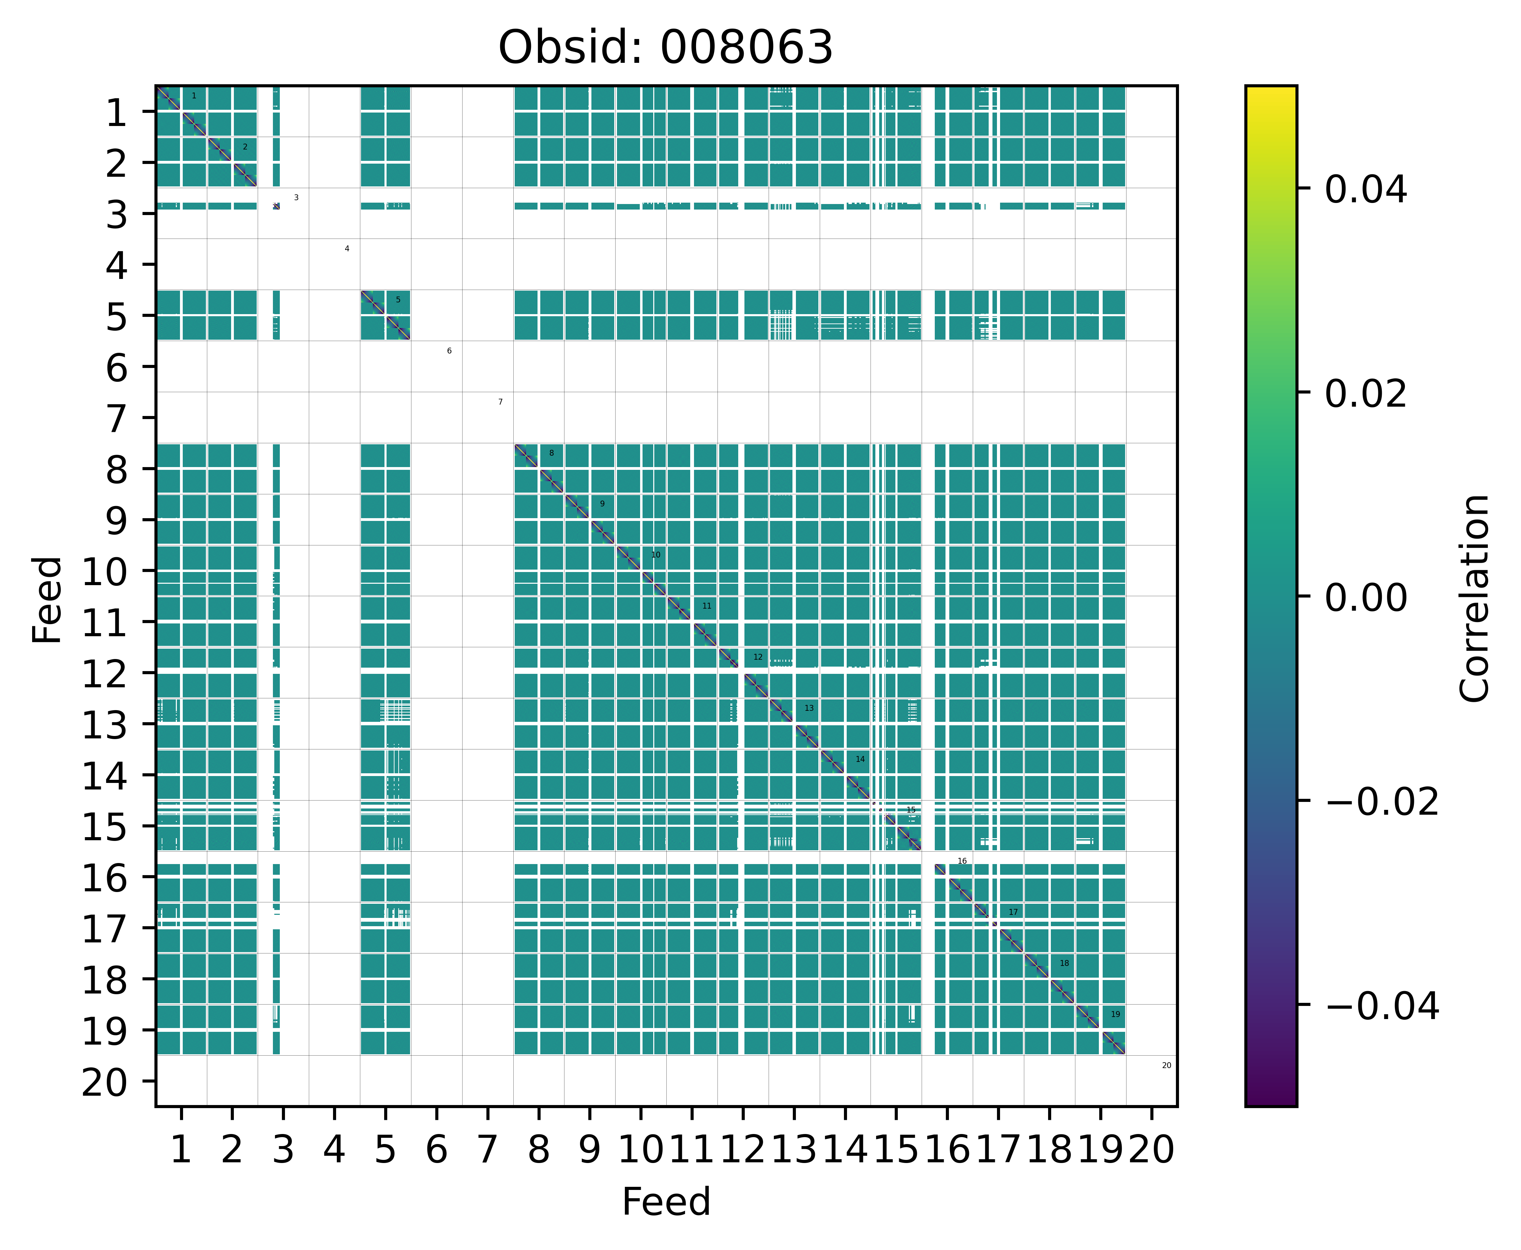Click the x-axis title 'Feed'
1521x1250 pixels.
[666, 1202]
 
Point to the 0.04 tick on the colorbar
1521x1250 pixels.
[1365, 190]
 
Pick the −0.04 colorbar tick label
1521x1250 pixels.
[1381, 1006]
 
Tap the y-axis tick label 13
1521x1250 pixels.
[107, 725]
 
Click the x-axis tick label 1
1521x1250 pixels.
[181, 1150]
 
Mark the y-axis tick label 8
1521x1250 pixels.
[116, 470]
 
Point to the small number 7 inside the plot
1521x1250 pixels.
[500, 402]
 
